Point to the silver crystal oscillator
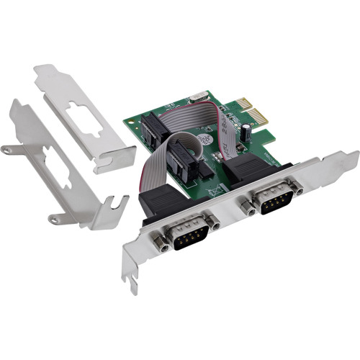[x=196, y=97]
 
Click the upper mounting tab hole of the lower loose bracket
[x=8, y=150]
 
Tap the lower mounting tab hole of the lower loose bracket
[x=52, y=218]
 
